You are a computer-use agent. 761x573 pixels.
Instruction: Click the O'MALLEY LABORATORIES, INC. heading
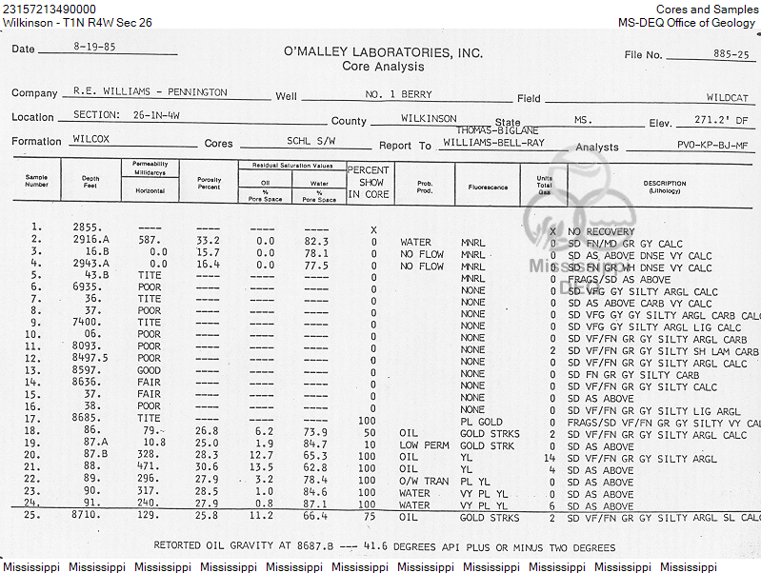(383, 52)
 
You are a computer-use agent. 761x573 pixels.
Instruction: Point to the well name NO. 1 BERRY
(398, 95)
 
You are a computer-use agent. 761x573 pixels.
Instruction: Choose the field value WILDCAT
(728, 97)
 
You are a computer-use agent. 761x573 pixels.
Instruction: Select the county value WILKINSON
(429, 119)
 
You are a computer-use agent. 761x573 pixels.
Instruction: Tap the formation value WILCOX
(91, 139)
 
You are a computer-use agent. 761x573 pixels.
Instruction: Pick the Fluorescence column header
(488, 188)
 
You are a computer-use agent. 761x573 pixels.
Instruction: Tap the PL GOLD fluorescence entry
(481, 422)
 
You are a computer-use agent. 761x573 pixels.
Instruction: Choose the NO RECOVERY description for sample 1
(601, 231)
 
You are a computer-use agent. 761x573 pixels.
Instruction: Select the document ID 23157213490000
(50, 9)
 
